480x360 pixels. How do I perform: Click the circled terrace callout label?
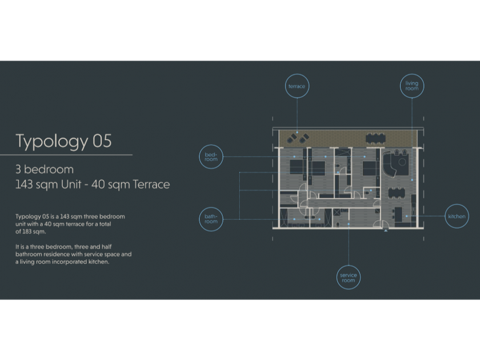pyautogui.click(x=297, y=86)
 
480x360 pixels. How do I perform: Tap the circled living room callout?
pyautogui.click(x=411, y=86)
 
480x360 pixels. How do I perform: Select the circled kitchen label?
pyautogui.click(x=457, y=217)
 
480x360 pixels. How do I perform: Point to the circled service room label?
pyautogui.click(x=348, y=278)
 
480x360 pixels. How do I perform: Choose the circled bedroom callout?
pyautogui.click(x=211, y=157)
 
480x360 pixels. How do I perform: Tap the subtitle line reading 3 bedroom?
pyautogui.click(x=45, y=170)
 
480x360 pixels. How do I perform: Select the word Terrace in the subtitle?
pyautogui.click(x=149, y=185)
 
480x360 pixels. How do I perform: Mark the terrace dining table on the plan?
pyautogui.click(x=375, y=137)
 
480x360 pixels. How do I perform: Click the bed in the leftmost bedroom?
pyautogui.click(x=296, y=166)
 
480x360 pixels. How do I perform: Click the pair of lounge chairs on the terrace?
pyautogui.click(x=296, y=137)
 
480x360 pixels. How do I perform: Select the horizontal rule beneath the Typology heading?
pyautogui.click(x=66, y=155)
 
